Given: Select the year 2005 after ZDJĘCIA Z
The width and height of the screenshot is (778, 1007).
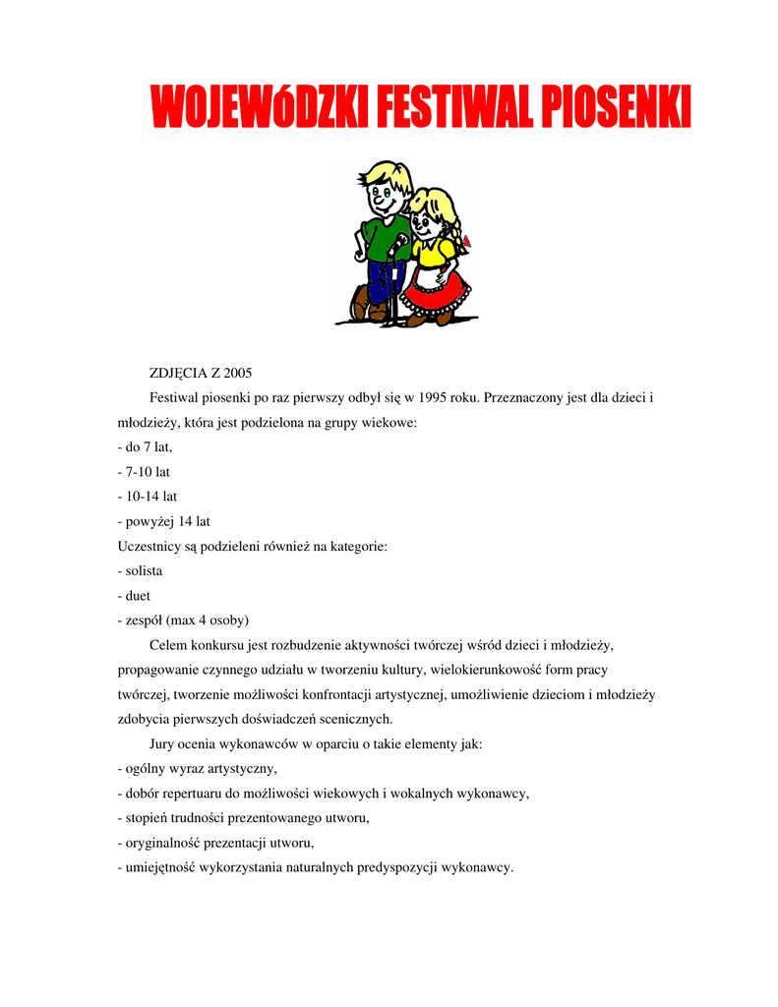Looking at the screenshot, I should pyautogui.click(x=237, y=374).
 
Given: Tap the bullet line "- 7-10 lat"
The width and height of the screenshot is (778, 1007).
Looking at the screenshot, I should pyautogui.click(x=144, y=472).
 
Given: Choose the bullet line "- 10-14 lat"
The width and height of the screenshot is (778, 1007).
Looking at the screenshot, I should pyautogui.click(x=148, y=497).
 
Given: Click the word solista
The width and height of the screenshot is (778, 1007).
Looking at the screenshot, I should pyautogui.click(x=144, y=570).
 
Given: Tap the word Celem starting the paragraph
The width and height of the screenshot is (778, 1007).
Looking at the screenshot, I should pyautogui.click(x=169, y=645).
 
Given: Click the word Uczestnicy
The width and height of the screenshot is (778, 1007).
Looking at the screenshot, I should pyautogui.click(x=150, y=546).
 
